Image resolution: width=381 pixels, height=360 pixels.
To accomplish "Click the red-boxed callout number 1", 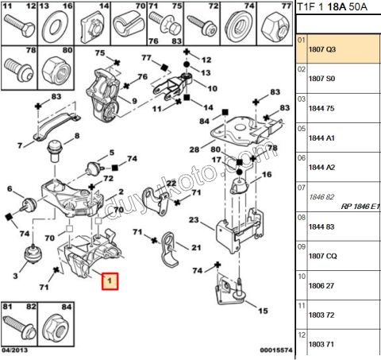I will (x=110, y=281).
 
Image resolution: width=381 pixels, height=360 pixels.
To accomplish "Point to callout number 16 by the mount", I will (x=267, y=174).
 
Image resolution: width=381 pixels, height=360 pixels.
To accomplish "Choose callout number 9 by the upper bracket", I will (x=134, y=101).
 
